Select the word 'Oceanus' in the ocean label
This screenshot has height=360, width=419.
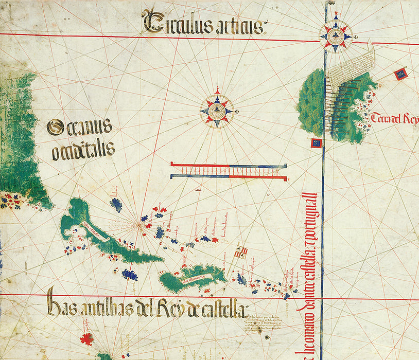point(79,127)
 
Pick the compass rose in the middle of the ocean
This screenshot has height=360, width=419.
point(217,110)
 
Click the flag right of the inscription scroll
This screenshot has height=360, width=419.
point(400,75)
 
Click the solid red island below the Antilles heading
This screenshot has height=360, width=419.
point(86,339)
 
